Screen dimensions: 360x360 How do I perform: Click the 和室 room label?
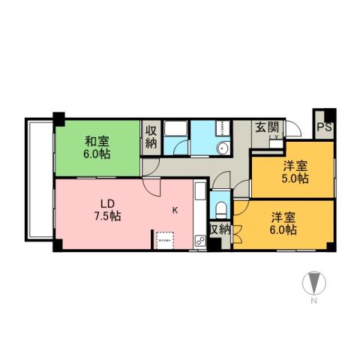pos(95,141)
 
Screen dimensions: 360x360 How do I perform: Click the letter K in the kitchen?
pos(176,210)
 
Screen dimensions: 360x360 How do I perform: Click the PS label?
pos(324,127)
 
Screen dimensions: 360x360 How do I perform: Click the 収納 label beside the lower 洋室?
pos(220,229)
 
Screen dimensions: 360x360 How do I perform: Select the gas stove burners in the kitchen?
pos(199,241)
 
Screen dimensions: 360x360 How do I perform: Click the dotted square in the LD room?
pos(164,239)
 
